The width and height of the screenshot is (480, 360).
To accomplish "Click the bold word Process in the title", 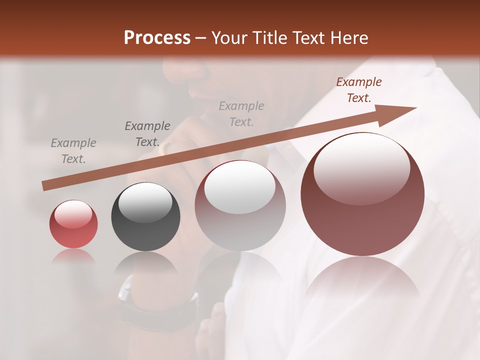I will (x=157, y=38).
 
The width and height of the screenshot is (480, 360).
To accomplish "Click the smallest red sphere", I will (x=73, y=224).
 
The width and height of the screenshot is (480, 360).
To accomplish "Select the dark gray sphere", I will (x=145, y=216).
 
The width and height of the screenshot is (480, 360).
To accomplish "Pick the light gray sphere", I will (x=240, y=205).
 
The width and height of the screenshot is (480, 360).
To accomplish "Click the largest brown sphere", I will (x=362, y=194).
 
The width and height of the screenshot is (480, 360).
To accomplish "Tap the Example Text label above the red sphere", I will (x=73, y=151).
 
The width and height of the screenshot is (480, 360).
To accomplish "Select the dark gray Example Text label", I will (x=147, y=134).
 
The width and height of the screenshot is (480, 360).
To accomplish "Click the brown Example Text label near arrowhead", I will (x=359, y=90).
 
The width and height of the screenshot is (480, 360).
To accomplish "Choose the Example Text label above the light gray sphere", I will (x=241, y=113).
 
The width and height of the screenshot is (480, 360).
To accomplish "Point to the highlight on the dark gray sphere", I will (x=145, y=202).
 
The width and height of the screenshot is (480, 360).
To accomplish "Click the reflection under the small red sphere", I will (x=73, y=256).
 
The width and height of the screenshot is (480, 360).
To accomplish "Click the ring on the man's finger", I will (x=165, y=146).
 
